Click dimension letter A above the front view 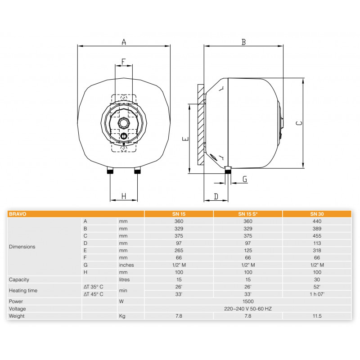[124, 42]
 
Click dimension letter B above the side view [243, 42]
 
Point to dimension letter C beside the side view [299, 123]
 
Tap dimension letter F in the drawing [123, 62]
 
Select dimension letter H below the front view [124, 196]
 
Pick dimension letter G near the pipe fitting [245, 179]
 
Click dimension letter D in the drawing [216, 197]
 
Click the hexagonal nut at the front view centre [124, 123]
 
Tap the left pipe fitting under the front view [110, 171]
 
